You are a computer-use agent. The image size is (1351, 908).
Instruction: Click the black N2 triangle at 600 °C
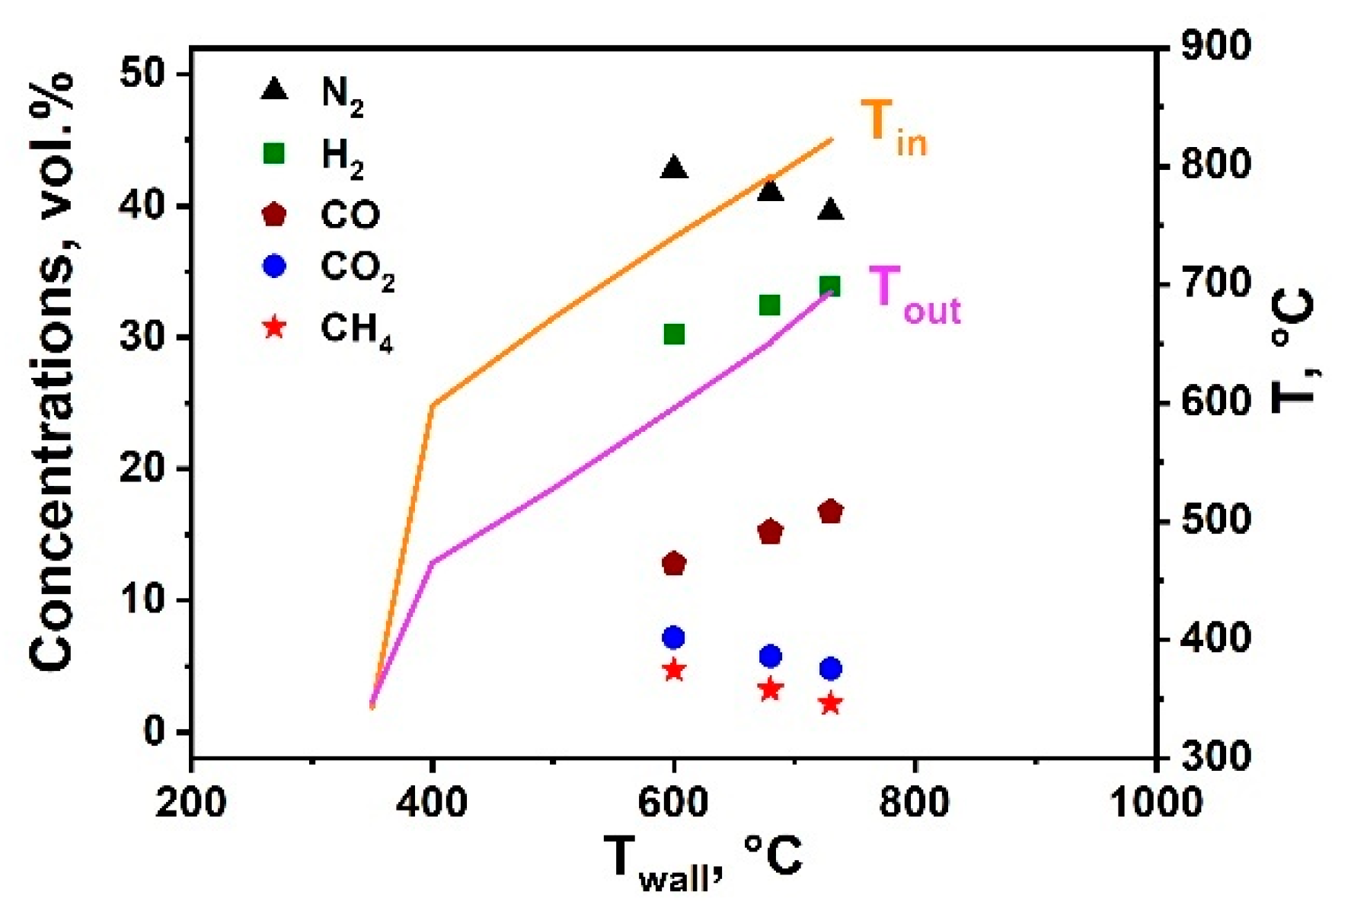tap(674, 168)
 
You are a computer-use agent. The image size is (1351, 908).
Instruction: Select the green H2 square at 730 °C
tap(830, 286)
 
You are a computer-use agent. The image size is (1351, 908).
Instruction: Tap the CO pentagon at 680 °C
tap(771, 531)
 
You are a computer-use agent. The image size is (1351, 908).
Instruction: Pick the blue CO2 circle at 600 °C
tap(673, 637)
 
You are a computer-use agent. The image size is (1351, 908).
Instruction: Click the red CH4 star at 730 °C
tap(830, 703)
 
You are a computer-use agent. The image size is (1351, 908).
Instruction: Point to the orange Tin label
tap(893, 127)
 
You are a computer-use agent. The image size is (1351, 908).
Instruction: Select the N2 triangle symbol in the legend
tap(274, 90)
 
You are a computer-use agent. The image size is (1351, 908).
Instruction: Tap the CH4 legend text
tap(356, 331)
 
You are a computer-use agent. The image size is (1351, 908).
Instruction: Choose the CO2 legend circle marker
tap(274, 266)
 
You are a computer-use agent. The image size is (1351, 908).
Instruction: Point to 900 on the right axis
tap(1215, 47)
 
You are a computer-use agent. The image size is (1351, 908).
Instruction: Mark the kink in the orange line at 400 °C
tap(433, 404)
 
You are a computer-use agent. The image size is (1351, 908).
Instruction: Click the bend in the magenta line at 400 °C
tap(432, 563)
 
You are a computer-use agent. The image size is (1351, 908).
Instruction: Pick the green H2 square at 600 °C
tap(674, 334)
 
